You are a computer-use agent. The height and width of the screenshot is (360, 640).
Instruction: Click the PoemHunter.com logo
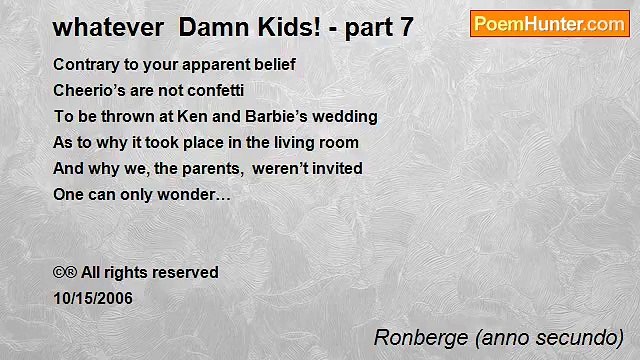pos(549,24)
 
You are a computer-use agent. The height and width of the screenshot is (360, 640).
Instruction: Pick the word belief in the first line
pos(274,65)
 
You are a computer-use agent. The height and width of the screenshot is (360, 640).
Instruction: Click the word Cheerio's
pos(88,91)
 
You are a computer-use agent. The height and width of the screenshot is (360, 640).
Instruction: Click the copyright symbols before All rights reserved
pos(65,273)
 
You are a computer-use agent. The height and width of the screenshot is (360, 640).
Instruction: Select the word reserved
pos(187,273)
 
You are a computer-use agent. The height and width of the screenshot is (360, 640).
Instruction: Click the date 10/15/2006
pos(92,298)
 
